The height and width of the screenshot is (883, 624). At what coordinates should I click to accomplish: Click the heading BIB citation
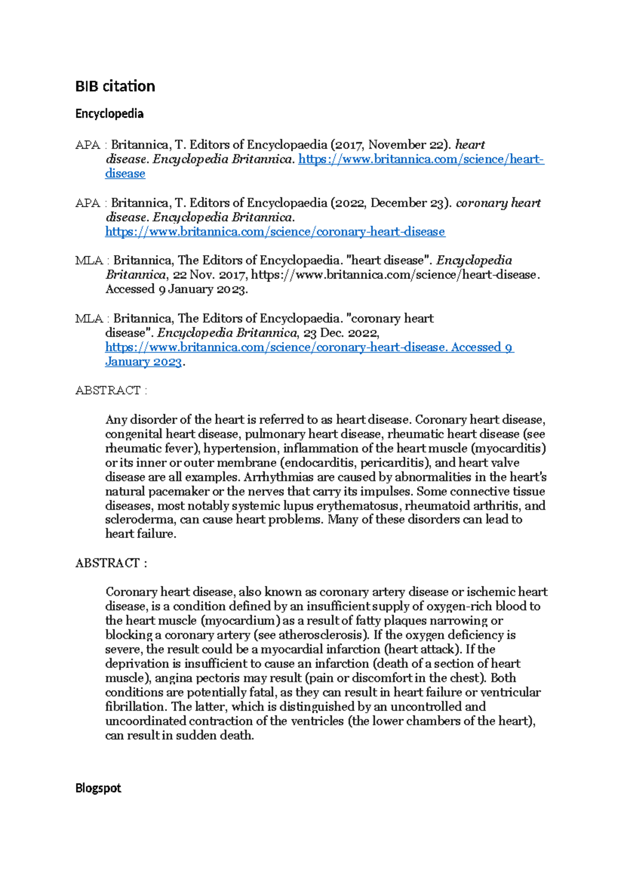click(115, 86)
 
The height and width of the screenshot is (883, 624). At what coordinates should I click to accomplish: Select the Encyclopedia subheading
click(109, 113)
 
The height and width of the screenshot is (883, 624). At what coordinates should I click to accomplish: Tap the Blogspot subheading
click(98, 788)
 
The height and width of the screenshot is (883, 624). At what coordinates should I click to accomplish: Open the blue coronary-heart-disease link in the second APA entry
click(275, 232)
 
